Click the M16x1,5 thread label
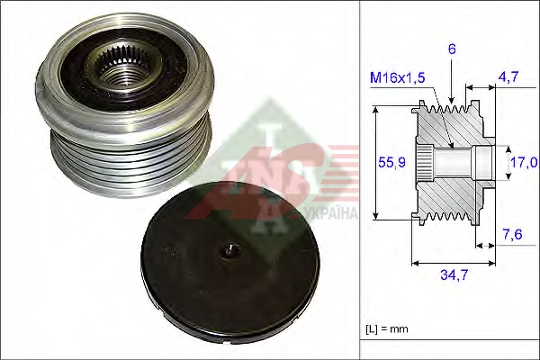pos(397,78)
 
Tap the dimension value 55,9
pos(391,162)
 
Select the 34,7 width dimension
pos(454,274)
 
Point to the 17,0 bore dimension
pos(524,162)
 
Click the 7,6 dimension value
pos(513,235)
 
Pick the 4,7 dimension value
pos(508,76)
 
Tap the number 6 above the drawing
pos(452,49)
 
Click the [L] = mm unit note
pos(387,329)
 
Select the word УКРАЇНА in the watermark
pos(331,213)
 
